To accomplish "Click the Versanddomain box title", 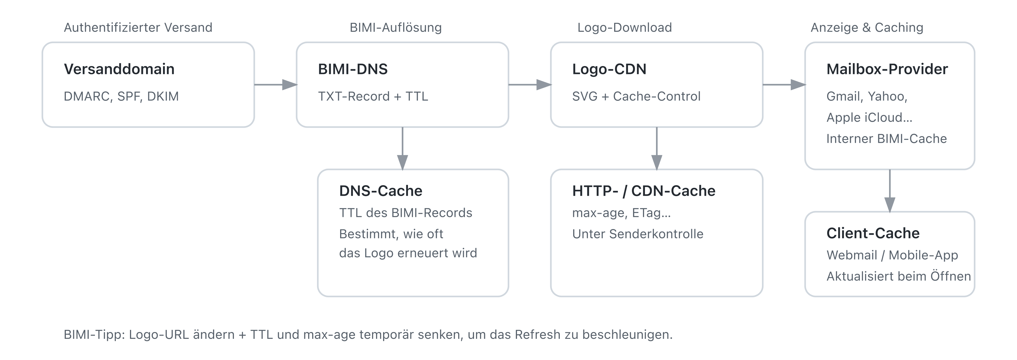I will tap(119, 69).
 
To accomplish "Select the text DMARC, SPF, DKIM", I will tap(121, 96).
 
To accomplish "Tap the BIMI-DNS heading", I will tap(353, 69).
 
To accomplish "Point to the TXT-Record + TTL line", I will tap(373, 96).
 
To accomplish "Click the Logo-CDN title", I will tap(609, 69).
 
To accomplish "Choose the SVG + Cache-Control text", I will tap(636, 96).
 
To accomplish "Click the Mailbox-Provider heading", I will tap(887, 69).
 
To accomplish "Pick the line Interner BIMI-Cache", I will tap(886, 139).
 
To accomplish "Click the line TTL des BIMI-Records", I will tap(405, 213).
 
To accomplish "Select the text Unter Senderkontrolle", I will tap(638, 234).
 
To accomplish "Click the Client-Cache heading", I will tap(873, 233).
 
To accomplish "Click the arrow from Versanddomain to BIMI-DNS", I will tap(275, 84).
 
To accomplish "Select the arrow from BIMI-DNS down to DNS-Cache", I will tap(402, 148).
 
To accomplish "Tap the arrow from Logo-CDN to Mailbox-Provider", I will tap(784, 84).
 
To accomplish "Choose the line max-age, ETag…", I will tap(621, 213).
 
